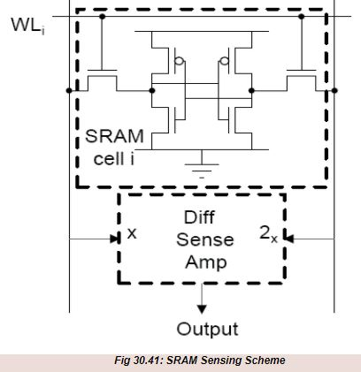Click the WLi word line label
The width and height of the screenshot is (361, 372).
click(x=27, y=24)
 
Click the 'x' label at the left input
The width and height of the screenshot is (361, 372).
click(x=133, y=234)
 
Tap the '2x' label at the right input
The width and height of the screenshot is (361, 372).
click(x=268, y=235)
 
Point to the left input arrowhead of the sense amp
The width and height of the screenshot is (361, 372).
click(x=114, y=237)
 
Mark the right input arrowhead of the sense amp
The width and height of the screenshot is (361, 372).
click(x=288, y=237)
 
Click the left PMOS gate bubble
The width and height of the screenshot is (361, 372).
click(x=180, y=63)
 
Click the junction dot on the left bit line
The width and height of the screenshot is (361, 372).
click(x=69, y=89)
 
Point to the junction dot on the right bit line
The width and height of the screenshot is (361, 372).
click(x=334, y=89)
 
